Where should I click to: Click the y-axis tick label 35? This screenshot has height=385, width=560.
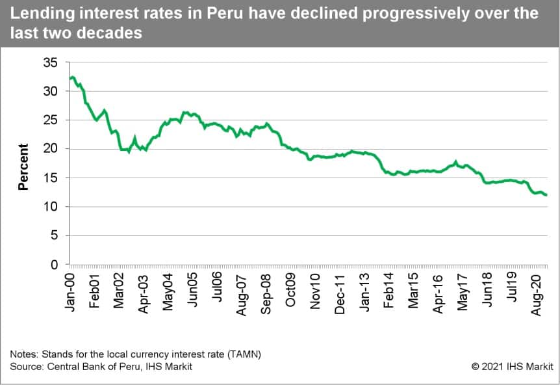[x=51, y=63]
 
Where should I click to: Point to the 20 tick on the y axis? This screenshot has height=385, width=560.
[x=51, y=149]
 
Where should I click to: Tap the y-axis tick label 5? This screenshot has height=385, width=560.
[x=55, y=236]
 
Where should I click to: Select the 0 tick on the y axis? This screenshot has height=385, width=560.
[x=55, y=265]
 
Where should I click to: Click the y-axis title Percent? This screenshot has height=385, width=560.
[x=23, y=166]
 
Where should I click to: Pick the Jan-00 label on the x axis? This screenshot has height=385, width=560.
[x=71, y=291]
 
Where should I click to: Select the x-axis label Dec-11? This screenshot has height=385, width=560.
[x=340, y=294]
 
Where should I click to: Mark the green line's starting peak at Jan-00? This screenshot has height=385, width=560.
[x=72, y=77]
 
